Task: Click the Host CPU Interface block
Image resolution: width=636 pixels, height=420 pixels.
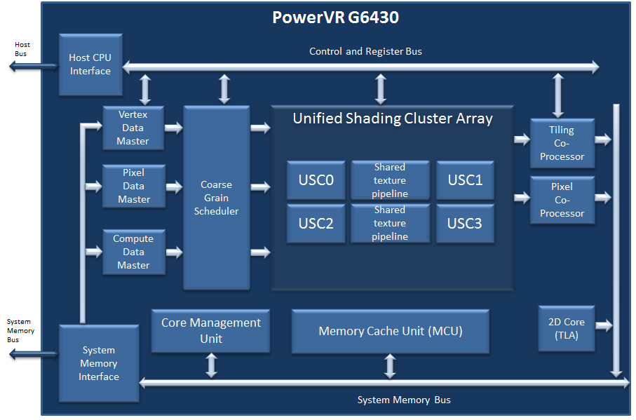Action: pos(90,65)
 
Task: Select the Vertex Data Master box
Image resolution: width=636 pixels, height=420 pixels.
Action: pos(133,128)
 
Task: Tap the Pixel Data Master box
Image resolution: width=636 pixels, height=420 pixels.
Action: pos(133,186)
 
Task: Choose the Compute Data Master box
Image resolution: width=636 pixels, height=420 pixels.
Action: pos(133,252)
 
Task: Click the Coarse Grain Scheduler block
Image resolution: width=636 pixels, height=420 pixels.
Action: pos(216,198)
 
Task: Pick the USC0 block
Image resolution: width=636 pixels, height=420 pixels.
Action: pos(316,180)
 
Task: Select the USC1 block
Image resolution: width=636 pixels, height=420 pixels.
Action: pos(465,180)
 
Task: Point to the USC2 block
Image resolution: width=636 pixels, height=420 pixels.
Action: pos(316,223)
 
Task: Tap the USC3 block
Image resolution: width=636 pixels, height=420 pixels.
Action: pos(465,223)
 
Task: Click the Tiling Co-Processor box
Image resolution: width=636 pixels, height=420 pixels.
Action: pos(562,143)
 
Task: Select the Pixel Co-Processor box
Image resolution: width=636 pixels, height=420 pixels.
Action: pos(562,200)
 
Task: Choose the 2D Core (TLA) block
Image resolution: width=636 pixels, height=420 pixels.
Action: pos(566,328)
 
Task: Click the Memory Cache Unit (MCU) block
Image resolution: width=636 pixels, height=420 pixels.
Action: pos(391,331)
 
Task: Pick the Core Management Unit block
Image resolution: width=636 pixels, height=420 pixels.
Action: pos(210,331)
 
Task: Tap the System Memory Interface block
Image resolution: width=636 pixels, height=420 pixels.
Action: pos(99,363)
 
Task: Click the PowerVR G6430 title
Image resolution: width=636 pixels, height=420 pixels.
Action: pos(335,18)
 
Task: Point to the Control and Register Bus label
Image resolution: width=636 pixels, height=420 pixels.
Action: pos(365,51)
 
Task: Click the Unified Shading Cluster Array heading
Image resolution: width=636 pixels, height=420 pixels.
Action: pos(393,118)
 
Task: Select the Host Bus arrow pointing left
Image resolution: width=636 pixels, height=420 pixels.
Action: pos(32,67)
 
